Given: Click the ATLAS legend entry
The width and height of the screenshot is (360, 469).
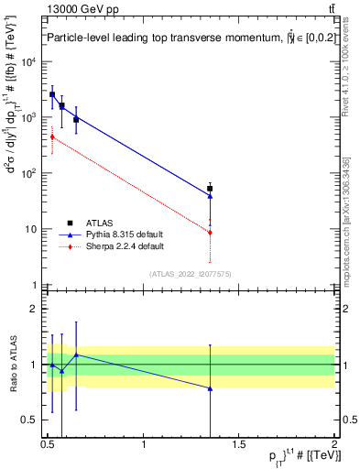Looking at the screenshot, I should click(x=99, y=223).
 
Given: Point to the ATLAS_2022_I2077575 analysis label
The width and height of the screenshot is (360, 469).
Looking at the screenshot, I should click(x=190, y=273).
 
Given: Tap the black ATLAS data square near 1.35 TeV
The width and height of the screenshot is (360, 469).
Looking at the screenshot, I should click(x=211, y=189).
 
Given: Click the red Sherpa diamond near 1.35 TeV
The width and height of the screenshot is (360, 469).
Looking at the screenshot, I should click(x=211, y=233).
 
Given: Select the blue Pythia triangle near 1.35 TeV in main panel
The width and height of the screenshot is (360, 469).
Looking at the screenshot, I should click(x=211, y=195).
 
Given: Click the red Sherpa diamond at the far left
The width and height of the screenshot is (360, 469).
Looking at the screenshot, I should click(x=52, y=137).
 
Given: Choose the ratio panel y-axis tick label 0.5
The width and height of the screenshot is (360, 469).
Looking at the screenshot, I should click(x=30, y=420).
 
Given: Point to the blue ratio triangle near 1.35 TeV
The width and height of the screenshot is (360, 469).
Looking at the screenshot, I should click(x=211, y=388).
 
